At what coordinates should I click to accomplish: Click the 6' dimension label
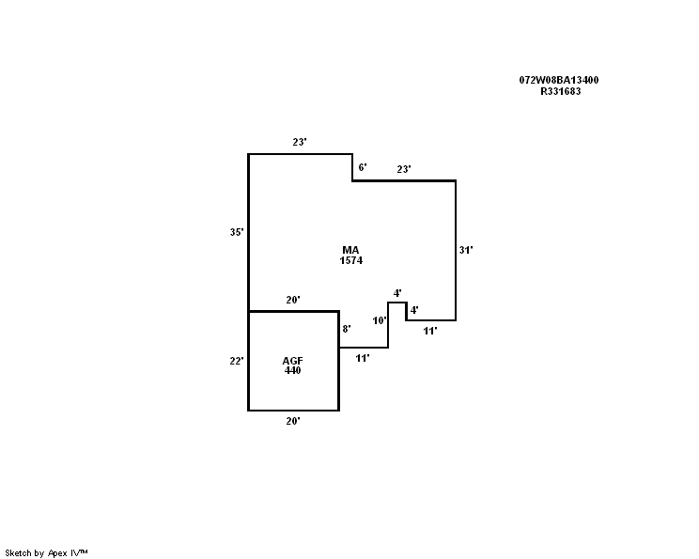click(x=363, y=167)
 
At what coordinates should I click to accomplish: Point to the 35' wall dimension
click(x=237, y=232)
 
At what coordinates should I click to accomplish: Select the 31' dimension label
click(x=466, y=250)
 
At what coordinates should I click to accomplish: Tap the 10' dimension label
click(x=380, y=320)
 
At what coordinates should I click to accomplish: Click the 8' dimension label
click(x=347, y=329)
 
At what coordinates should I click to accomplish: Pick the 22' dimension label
click(x=236, y=361)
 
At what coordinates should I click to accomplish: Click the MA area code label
click(x=350, y=250)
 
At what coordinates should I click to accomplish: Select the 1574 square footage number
click(x=350, y=260)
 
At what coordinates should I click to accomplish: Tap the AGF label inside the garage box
click(x=292, y=361)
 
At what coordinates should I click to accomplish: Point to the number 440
click(x=292, y=370)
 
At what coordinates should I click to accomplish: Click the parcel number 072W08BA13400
click(x=559, y=80)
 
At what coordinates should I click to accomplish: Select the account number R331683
click(x=560, y=91)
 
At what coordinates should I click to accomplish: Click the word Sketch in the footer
click(x=18, y=553)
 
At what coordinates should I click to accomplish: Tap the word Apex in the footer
click(x=57, y=553)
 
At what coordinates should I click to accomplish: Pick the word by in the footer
click(x=39, y=553)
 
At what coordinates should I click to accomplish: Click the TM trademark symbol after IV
click(x=84, y=551)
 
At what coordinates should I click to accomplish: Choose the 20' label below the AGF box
click(x=293, y=421)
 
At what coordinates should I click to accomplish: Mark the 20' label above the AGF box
click(x=293, y=300)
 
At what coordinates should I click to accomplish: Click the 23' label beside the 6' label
click(x=404, y=169)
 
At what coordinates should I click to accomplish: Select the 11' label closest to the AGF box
click(x=363, y=358)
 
